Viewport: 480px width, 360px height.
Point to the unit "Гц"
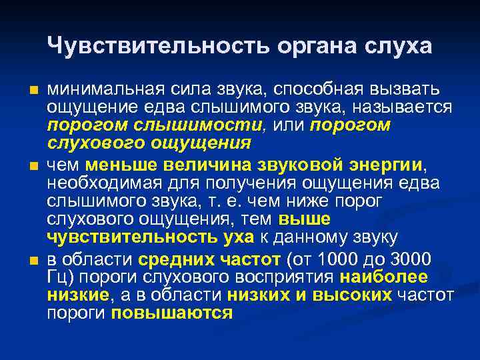pyautogui.click(x=57, y=277)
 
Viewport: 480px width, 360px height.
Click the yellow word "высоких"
pyautogui.click(x=357, y=295)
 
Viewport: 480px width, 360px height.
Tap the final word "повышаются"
pyautogui.click(x=172, y=313)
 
